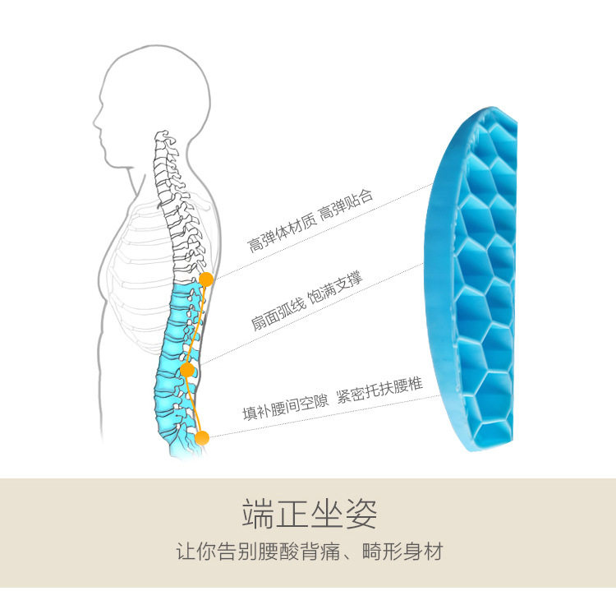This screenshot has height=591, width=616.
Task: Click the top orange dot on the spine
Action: point(206,279)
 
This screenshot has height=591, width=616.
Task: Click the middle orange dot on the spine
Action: point(187,371)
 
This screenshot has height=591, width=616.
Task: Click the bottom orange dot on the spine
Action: point(202,437)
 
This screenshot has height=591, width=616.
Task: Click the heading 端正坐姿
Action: point(310,514)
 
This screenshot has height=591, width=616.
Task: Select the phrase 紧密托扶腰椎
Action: point(380,386)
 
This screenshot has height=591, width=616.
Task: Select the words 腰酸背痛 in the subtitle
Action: point(293,552)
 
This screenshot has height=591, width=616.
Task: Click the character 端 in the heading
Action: point(258,514)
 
